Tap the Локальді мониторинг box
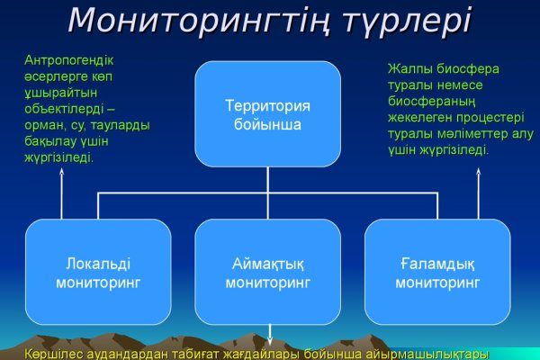tap(97, 272)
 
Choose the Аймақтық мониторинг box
tap(267, 272)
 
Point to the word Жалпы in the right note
tap(409, 68)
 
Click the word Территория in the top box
tap(267, 106)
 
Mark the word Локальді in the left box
tap(98, 264)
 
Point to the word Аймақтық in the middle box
tap(267, 264)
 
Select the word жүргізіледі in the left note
tap(60, 157)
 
